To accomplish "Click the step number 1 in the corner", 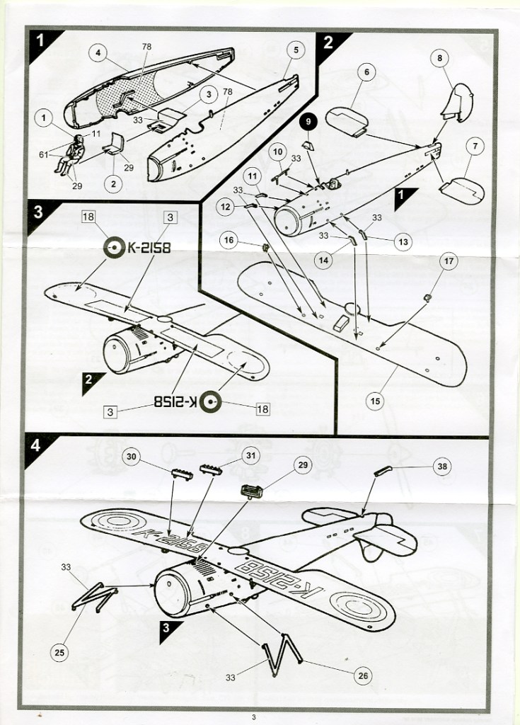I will (x=42, y=41).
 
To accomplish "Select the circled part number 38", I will (x=442, y=467).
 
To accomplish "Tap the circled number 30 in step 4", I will (x=132, y=457).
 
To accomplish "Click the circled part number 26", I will (x=362, y=675).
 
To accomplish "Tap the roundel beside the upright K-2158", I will (x=112, y=247).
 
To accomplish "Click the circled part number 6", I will (x=366, y=72).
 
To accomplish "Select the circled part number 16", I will (x=229, y=241).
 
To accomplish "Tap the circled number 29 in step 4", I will (x=304, y=464).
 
